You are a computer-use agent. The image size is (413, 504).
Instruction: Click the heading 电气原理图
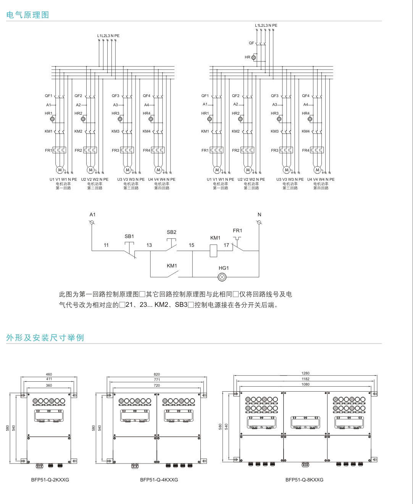(x=28, y=15)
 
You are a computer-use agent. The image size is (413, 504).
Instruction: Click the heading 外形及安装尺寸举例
(x=45, y=337)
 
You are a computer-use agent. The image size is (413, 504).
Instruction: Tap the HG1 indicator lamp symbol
(x=223, y=277)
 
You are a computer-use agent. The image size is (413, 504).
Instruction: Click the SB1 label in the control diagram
(x=129, y=237)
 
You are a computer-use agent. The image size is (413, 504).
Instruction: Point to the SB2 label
(x=171, y=232)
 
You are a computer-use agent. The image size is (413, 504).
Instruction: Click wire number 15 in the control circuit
(x=191, y=245)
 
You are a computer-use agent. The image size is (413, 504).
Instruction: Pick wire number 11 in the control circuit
(x=106, y=245)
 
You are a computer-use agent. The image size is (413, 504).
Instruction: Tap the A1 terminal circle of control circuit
(x=92, y=222)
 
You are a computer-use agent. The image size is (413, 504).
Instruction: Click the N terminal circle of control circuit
(x=259, y=222)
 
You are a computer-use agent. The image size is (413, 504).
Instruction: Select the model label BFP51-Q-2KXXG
(x=50, y=480)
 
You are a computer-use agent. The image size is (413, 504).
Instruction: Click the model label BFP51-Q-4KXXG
(x=159, y=480)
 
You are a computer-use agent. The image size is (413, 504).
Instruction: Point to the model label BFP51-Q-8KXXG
(x=304, y=480)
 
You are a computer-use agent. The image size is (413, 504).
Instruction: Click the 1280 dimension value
(x=305, y=373)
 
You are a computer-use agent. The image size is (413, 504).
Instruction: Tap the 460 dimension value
(x=49, y=374)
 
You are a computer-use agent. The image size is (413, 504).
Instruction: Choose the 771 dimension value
(x=157, y=380)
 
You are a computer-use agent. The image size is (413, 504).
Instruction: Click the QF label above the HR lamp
(x=251, y=43)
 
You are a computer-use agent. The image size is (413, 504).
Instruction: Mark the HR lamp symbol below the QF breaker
(x=253, y=57)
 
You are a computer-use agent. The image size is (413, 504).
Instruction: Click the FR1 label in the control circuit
(x=237, y=230)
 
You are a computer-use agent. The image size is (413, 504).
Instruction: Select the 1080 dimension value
(x=305, y=384)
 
